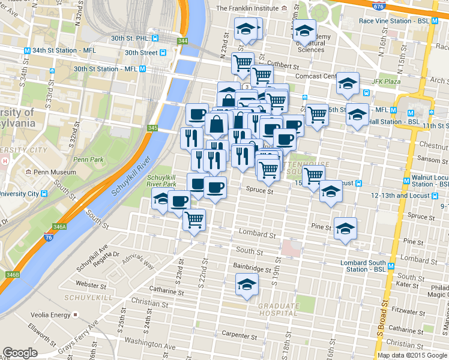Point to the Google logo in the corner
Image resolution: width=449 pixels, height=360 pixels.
[x=20, y=353]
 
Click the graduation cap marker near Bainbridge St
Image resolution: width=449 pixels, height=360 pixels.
[x=247, y=284]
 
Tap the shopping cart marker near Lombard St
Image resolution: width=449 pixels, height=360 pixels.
[x=194, y=220]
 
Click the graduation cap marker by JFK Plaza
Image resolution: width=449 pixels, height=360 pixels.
[x=348, y=83]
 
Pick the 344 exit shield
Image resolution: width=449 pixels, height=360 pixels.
[x=182, y=41]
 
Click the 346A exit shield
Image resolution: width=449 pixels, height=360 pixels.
[x=59, y=227]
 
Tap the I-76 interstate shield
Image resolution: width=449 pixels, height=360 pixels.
[x=49, y=238]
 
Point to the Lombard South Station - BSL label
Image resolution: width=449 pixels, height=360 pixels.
[x=363, y=266]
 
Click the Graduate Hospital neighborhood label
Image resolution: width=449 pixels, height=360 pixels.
[x=277, y=310]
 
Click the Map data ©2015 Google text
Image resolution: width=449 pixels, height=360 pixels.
[x=412, y=355]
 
